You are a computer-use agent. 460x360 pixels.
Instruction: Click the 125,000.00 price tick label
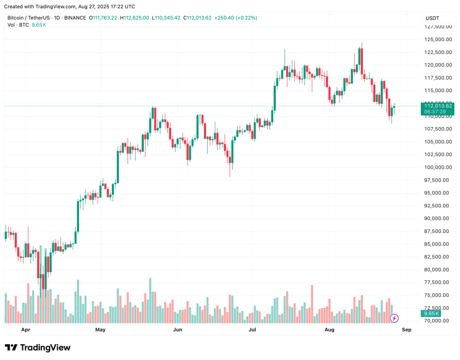437,39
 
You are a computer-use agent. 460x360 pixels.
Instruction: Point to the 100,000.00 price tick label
437,167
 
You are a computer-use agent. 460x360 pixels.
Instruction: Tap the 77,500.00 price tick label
437,283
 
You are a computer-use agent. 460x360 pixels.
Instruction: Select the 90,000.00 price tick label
437,219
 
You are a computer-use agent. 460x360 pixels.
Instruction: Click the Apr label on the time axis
26,330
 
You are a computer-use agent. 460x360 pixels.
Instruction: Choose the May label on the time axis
100,330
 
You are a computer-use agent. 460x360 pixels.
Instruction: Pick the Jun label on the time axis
177,330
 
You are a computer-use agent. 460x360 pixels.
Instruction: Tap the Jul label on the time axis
252,330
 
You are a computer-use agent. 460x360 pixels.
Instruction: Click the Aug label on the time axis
329,330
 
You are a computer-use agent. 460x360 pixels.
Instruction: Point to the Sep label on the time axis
405,330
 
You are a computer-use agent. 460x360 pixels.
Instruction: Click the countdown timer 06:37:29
435,111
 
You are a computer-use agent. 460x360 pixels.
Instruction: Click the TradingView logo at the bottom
38,347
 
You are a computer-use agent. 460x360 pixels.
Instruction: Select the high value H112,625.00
137,18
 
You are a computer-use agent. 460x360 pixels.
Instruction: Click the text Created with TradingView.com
40,7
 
